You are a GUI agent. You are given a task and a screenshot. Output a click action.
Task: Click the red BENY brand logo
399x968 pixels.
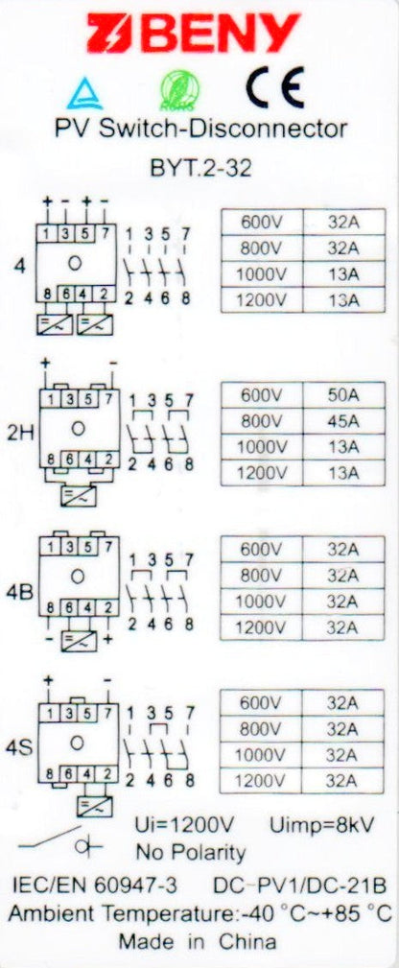(194, 33)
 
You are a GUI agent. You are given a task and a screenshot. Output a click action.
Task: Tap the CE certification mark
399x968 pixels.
(275, 87)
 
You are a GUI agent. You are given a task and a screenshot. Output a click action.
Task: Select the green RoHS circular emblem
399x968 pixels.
(179, 91)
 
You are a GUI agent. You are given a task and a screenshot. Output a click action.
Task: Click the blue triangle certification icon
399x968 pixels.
(85, 94)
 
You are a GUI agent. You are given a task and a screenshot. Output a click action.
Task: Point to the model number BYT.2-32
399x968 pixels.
(200, 168)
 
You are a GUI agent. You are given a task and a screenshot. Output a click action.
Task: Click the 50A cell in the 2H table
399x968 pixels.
(343, 395)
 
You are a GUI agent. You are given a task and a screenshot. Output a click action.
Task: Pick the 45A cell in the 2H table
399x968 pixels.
(343, 422)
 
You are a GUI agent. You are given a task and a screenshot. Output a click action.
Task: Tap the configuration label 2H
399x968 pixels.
(21, 434)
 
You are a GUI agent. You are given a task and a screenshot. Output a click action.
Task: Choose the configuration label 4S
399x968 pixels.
(18, 748)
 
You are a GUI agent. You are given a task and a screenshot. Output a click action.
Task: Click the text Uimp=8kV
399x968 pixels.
(322, 825)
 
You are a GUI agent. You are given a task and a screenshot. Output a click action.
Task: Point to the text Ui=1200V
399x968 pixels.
(185, 825)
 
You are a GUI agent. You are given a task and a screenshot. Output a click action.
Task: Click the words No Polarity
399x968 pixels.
(190, 853)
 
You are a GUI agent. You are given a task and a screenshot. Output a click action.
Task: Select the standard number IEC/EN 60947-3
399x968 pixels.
(95, 885)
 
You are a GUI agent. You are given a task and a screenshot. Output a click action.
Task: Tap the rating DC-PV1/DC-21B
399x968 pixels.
(300, 885)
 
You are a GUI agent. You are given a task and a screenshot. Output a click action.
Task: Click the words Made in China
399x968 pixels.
(198, 942)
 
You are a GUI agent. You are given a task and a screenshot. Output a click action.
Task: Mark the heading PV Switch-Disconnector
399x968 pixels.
(200, 129)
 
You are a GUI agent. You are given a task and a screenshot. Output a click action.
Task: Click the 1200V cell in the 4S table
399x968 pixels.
(261, 781)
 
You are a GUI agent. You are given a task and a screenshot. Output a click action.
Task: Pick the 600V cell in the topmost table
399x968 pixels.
(262, 222)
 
